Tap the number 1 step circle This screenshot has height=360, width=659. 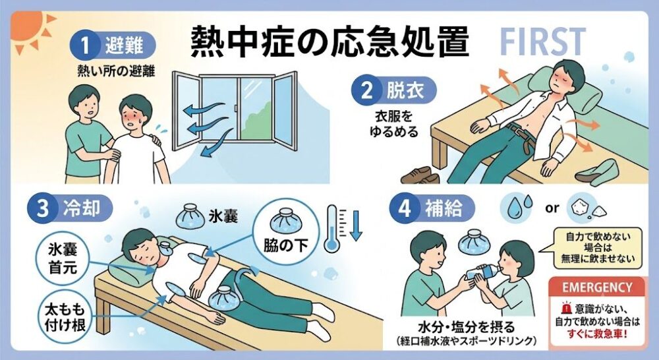click(x=85, y=45)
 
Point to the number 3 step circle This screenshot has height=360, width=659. click(x=43, y=208)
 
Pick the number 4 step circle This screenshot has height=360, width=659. click(x=405, y=208)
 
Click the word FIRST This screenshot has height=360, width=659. click(x=542, y=42)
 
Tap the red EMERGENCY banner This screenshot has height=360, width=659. click(x=597, y=287)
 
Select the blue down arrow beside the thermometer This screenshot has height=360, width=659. click(x=356, y=225)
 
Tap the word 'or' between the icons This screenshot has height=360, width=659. click(x=552, y=208)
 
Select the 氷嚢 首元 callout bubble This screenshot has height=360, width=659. click(x=63, y=258)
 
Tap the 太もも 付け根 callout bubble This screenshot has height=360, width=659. click(x=65, y=316)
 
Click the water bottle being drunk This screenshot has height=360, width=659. click(x=483, y=272)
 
